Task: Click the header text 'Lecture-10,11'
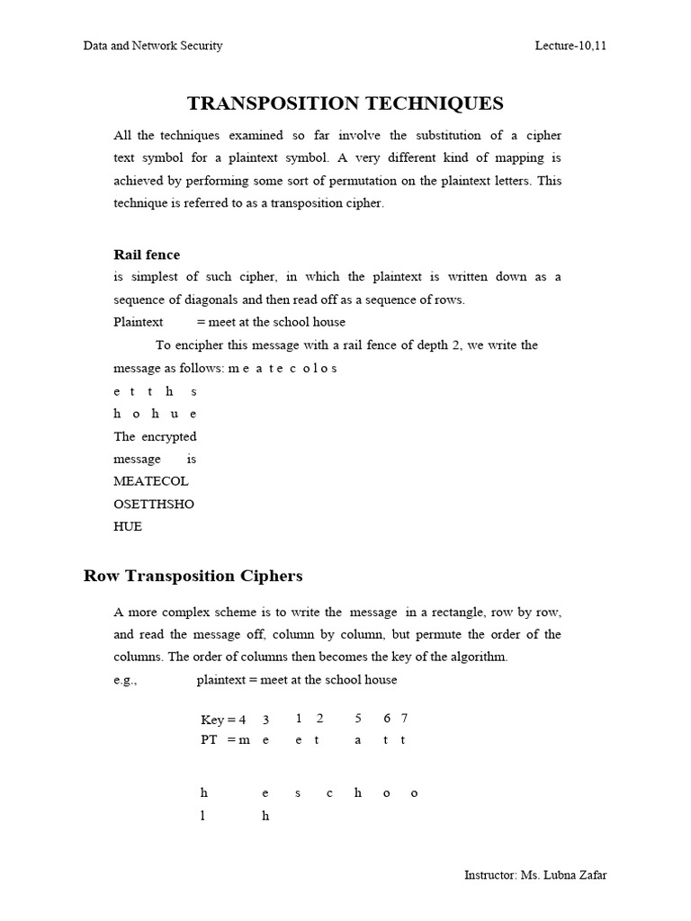tap(570, 46)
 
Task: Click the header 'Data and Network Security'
tap(153, 46)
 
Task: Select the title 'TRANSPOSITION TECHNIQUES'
tap(345, 103)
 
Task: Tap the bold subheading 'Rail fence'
tap(147, 255)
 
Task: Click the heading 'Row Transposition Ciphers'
tap(193, 576)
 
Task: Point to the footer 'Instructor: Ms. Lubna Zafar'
tap(535, 875)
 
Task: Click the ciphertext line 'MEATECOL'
tap(151, 481)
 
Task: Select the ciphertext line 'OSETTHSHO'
tap(154, 504)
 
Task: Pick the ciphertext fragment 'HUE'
tap(128, 526)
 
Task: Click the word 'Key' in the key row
tap(212, 720)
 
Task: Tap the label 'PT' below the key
tap(210, 739)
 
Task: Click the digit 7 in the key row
tap(405, 718)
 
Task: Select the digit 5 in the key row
tap(358, 718)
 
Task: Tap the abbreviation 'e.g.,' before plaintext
tap(125, 680)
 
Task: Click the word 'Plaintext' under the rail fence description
tap(139, 322)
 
